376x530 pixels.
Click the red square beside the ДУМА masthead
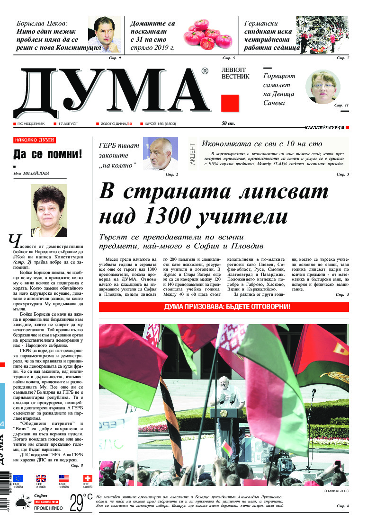(x=230, y=103)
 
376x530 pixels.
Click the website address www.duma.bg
(x=324, y=127)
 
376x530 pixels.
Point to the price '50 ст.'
(x=228, y=124)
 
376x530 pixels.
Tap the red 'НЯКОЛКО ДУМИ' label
(x=35, y=141)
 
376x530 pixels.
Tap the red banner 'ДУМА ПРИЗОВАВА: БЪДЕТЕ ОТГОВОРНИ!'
(x=224, y=307)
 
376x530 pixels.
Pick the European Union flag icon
(x=18, y=478)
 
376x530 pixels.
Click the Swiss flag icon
(x=87, y=478)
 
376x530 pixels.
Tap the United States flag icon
(x=64, y=478)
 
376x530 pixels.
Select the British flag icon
(x=41, y=478)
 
